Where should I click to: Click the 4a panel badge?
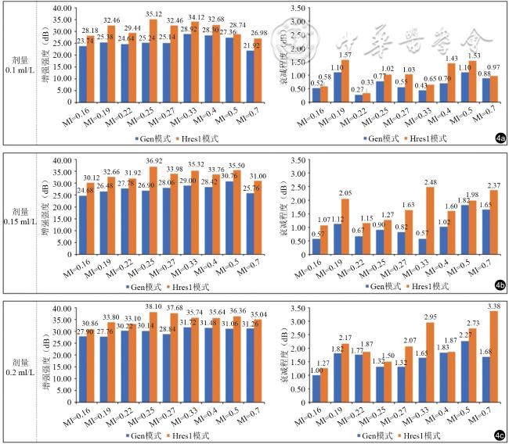[500, 137]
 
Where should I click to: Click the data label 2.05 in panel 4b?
[345, 192]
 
